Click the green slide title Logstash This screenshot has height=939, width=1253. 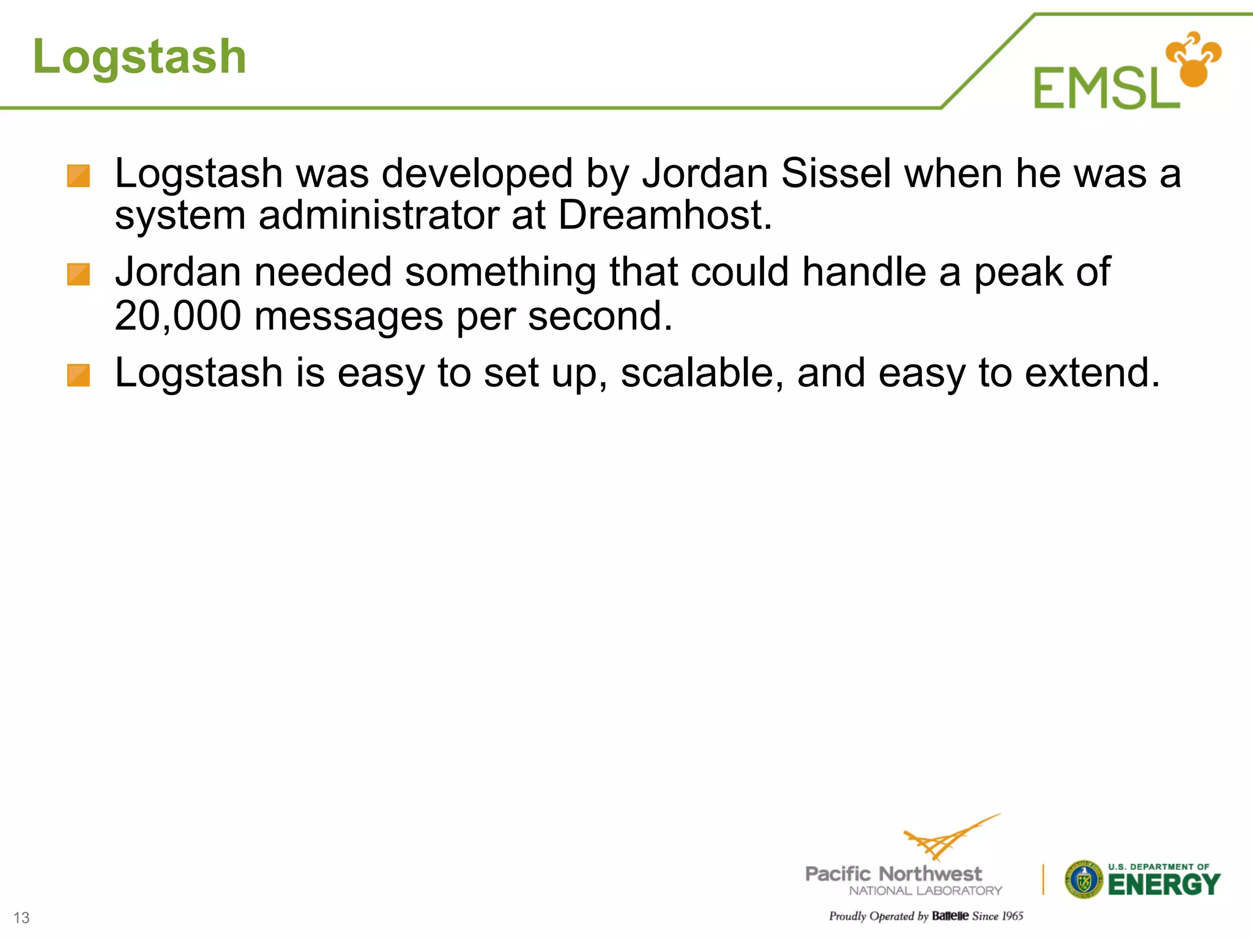139,57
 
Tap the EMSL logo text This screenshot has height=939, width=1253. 1106,89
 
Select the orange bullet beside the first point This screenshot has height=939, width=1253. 78,176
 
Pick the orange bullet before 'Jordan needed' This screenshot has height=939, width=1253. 78,274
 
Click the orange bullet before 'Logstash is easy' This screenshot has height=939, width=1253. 78,375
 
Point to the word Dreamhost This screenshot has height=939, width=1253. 665,215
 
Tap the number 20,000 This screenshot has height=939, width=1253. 177,316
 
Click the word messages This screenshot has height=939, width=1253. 348,316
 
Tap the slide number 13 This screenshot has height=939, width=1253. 21,918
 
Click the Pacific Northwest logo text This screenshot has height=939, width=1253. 893,874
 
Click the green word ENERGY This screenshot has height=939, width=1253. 1164,885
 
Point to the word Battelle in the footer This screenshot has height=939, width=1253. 950,916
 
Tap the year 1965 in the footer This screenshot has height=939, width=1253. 1013,916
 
